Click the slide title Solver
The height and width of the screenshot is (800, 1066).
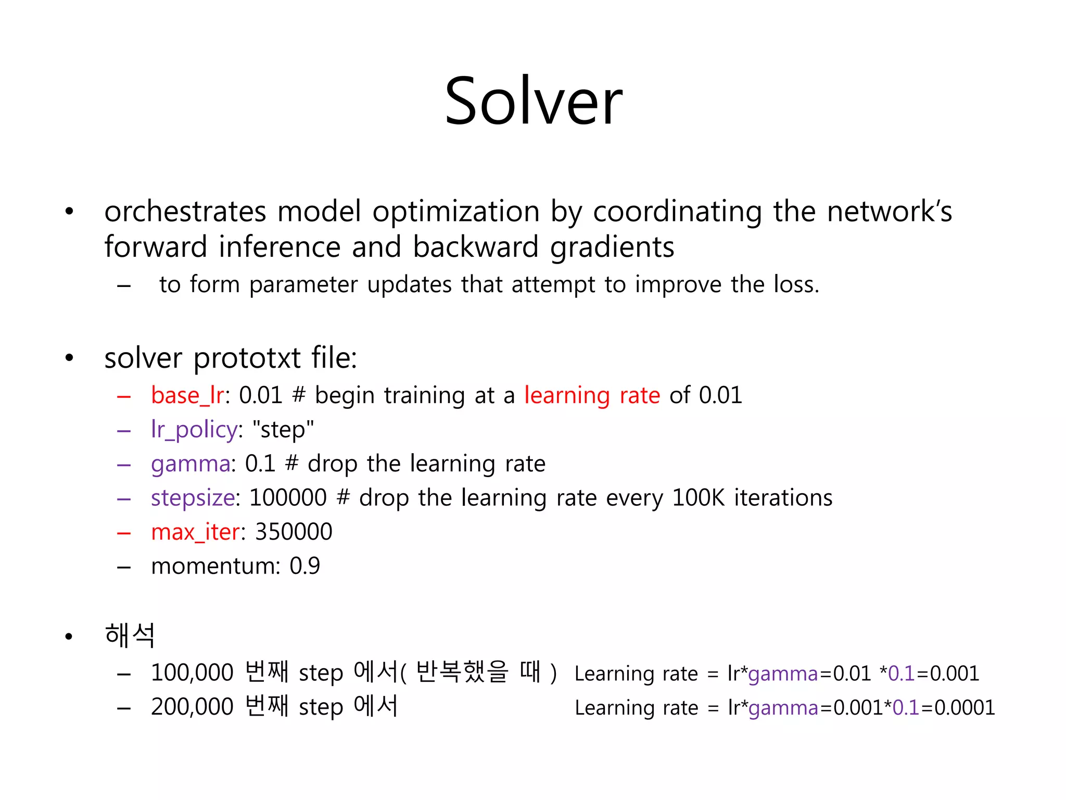click(533, 101)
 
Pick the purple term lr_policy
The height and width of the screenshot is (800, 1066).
click(194, 430)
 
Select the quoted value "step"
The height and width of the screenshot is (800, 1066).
click(283, 430)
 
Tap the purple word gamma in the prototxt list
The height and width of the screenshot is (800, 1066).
click(191, 464)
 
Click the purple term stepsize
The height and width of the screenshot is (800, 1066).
click(193, 498)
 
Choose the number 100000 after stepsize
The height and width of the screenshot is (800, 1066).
click(288, 498)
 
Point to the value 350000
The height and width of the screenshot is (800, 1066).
click(294, 532)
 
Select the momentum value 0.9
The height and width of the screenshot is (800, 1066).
click(304, 566)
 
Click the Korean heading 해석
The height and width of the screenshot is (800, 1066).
click(130, 635)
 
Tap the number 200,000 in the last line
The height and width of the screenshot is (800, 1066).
click(192, 707)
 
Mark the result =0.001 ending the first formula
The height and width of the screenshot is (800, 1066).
click(948, 674)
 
